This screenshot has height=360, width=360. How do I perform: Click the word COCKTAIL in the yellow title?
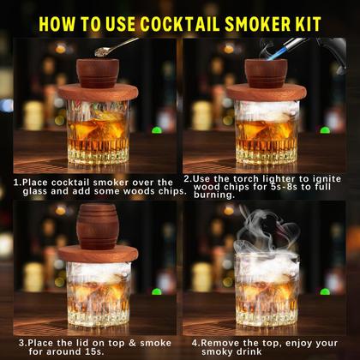[179, 24]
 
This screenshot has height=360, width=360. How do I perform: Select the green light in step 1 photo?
[157, 130]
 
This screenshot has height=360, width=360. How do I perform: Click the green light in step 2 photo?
[325, 130]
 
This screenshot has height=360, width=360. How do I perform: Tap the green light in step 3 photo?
[157, 291]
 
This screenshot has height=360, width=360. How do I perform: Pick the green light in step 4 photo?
[325, 291]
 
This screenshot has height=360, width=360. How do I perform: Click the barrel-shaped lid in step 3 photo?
[98, 226]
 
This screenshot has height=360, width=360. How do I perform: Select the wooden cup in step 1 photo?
[98, 73]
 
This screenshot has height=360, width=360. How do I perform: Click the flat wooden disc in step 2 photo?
[267, 92]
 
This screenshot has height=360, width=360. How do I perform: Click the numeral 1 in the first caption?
[16, 183]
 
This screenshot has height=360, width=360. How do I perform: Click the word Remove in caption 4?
[219, 343]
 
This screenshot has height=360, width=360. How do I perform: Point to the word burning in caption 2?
[213, 195]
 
